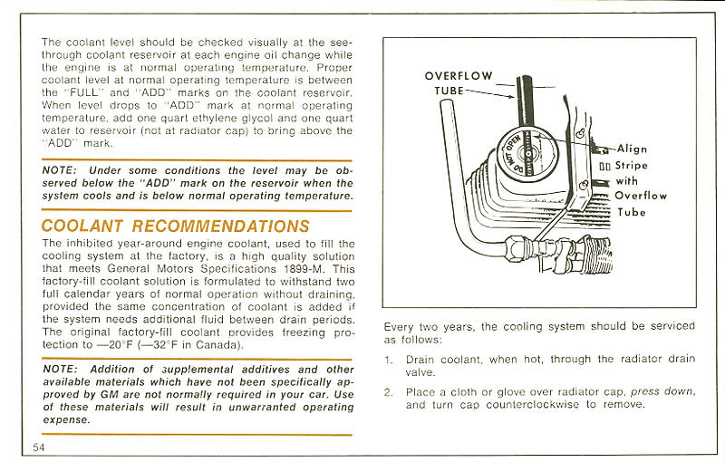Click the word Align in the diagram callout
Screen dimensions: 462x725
(x=632, y=149)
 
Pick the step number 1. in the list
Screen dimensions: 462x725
(x=388, y=360)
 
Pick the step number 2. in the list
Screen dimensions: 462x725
(x=388, y=392)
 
